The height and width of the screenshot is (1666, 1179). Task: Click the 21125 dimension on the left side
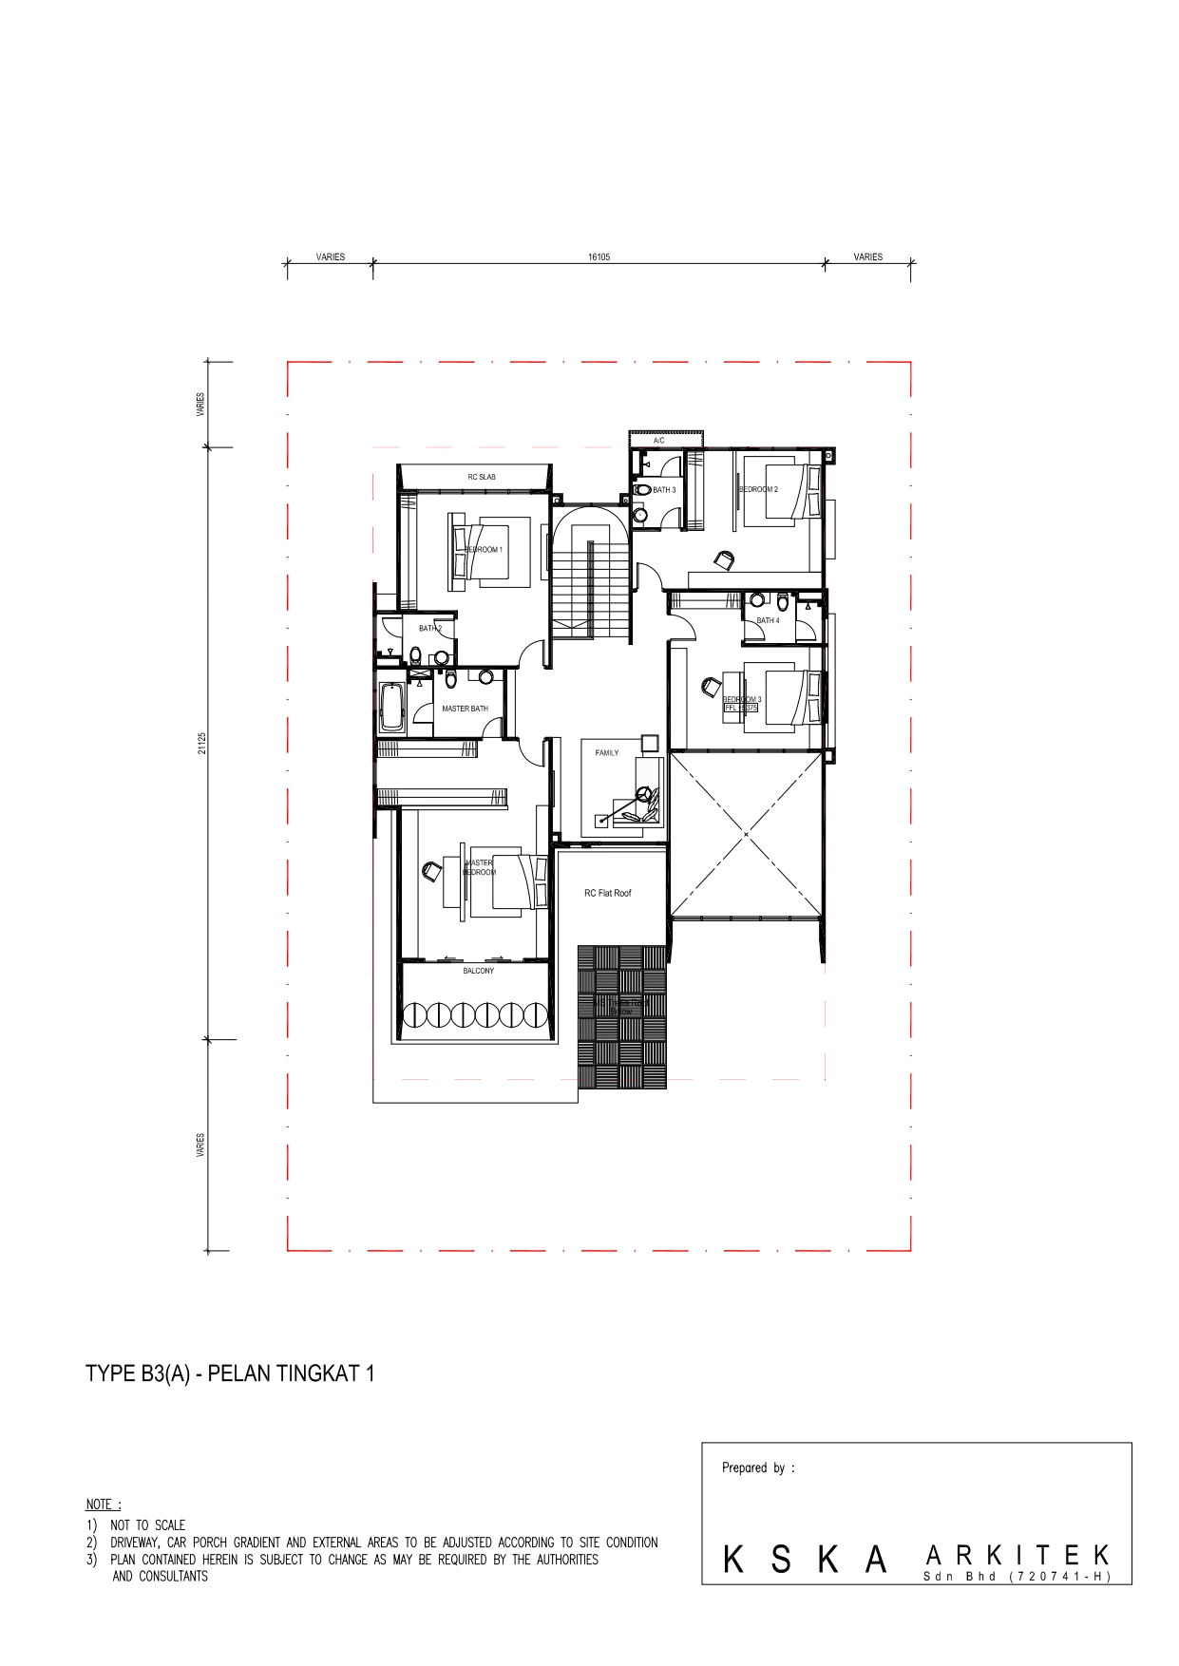[201, 748]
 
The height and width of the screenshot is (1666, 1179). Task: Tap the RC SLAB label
[481, 477]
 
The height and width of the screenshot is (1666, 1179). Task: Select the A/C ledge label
[658, 442]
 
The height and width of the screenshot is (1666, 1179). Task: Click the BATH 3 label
[664, 490]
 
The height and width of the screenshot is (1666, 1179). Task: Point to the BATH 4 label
[768, 620]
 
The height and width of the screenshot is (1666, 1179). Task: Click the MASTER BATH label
[465, 709]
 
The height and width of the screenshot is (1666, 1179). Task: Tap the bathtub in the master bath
[391, 707]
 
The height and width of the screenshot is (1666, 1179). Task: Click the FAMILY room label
[607, 752]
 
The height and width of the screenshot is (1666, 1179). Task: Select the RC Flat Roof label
[608, 893]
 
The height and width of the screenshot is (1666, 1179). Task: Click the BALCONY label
[479, 971]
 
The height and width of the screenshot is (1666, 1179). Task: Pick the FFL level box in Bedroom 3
[741, 708]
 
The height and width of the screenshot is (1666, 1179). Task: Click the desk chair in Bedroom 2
[723, 559]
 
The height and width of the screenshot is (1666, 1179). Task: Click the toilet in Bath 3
[640, 513]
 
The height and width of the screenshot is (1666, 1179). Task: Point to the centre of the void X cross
[747, 834]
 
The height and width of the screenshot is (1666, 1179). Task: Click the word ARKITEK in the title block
[1016, 1555]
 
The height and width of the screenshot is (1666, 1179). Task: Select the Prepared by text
[757, 1467]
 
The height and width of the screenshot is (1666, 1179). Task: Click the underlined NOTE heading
[104, 1504]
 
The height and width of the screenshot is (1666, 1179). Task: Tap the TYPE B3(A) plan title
[230, 1373]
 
